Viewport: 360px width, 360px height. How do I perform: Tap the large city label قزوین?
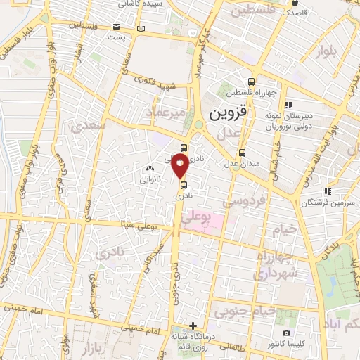coord(221,113)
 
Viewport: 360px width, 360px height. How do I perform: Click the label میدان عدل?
coord(242,164)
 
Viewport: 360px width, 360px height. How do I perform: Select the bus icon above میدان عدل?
coord(242,153)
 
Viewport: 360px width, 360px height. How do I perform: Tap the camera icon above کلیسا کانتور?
coord(286,333)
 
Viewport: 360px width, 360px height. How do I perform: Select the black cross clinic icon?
coord(193,326)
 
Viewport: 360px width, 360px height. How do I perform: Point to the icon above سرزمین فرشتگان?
coord(326,191)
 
